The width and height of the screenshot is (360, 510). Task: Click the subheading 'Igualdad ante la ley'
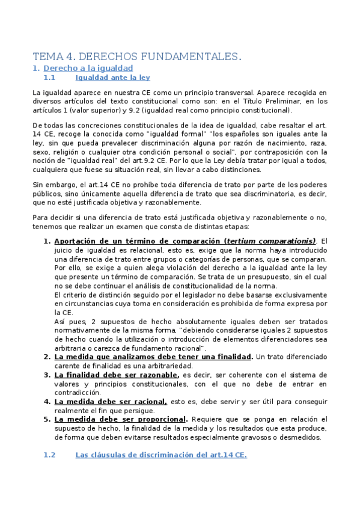[x=112, y=78]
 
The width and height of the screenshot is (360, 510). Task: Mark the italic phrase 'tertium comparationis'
[x=270, y=241]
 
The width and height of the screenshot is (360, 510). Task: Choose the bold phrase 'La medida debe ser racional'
[x=111, y=401]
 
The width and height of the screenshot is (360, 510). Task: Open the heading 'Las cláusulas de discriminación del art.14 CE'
[x=160, y=455]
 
